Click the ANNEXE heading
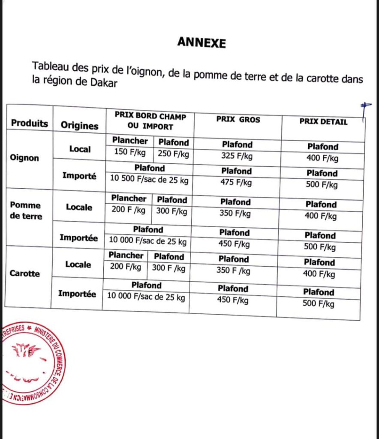point(201,42)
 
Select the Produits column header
point(30,123)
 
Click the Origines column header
point(79,125)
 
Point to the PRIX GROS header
point(238,120)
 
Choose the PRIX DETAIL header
point(323,122)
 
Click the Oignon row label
point(24,158)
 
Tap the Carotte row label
point(25,273)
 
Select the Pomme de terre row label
point(26,211)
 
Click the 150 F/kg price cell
point(129,152)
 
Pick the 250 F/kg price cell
point(173,153)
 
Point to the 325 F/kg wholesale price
point(237,156)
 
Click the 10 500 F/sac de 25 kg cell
point(149,180)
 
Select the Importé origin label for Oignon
point(79,176)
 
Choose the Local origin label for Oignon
point(80,149)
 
